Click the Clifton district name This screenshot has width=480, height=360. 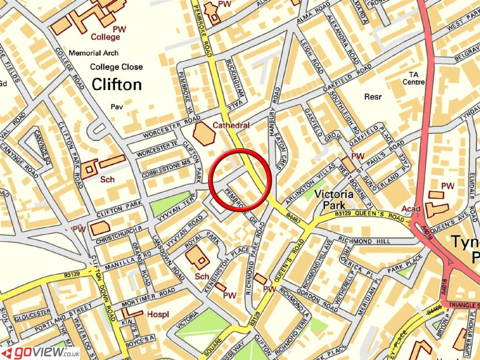coord(117,84)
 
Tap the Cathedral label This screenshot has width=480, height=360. coord(231,126)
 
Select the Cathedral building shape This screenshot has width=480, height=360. coord(204,133)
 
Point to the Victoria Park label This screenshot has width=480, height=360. coord(334,199)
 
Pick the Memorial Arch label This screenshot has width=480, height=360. coord(93,53)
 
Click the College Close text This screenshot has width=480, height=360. coord(117,67)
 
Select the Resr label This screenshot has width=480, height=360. coord(373,97)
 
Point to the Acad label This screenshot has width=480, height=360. coord(411,209)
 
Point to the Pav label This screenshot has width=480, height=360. coord(117,106)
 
